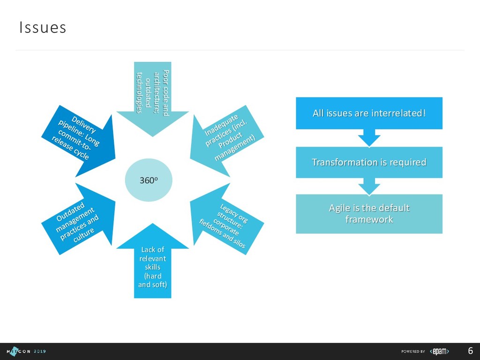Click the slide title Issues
[43, 28]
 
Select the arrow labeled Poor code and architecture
[153, 94]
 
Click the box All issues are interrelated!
[369, 113]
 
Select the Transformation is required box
[369, 162]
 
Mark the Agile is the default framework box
[369, 213]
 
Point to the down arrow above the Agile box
[369, 187]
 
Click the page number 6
[470, 351]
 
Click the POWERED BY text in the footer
[413, 351]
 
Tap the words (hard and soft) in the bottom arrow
[152, 280]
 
